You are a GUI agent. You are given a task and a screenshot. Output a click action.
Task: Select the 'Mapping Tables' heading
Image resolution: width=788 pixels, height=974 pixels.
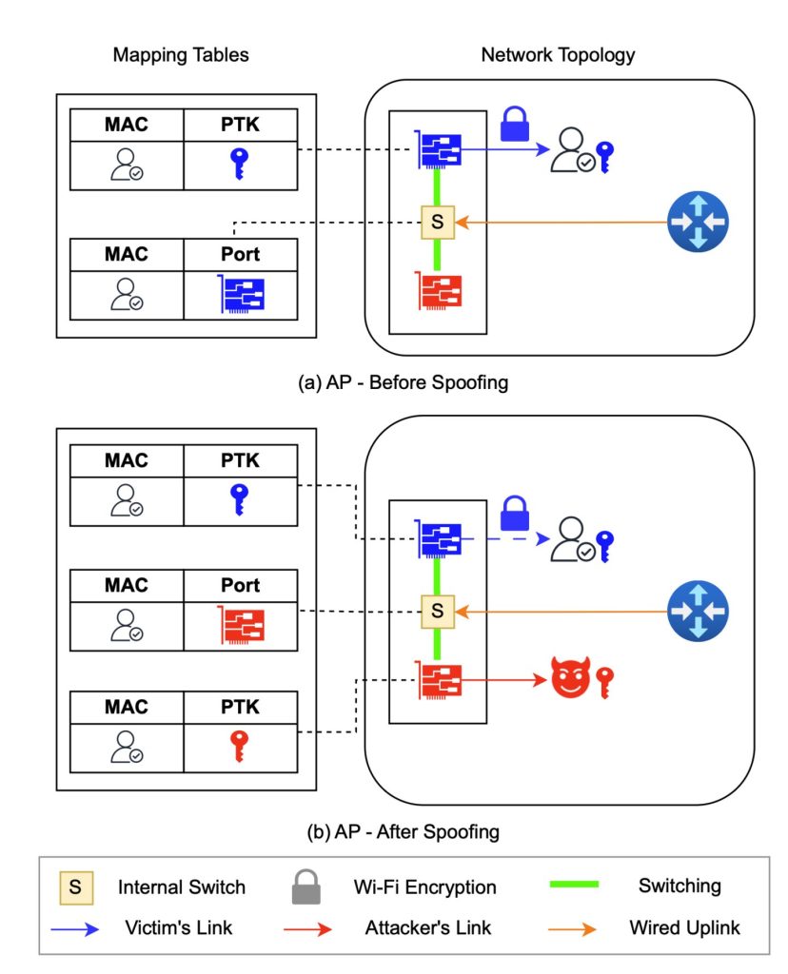(181, 54)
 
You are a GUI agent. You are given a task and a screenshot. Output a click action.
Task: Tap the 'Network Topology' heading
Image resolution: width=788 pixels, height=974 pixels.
(558, 54)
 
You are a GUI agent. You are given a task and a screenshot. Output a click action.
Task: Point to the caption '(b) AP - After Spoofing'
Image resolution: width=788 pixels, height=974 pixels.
(404, 831)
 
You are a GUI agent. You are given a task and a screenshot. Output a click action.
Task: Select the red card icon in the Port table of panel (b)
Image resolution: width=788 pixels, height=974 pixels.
(241, 625)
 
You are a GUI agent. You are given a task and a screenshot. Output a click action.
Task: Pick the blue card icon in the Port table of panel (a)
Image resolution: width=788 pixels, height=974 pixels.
(241, 295)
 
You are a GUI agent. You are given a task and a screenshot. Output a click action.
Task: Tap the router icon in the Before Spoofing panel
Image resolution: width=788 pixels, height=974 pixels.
(696, 223)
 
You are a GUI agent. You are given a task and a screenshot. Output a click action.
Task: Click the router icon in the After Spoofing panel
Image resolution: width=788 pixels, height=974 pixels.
(696, 609)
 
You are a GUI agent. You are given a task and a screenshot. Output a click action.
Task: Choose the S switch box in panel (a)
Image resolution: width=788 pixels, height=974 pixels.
(438, 223)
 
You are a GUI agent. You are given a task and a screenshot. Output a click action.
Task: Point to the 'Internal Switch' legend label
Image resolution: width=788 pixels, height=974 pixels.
(182, 887)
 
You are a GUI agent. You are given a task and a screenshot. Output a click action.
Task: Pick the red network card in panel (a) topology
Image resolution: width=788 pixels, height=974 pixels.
(438, 291)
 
